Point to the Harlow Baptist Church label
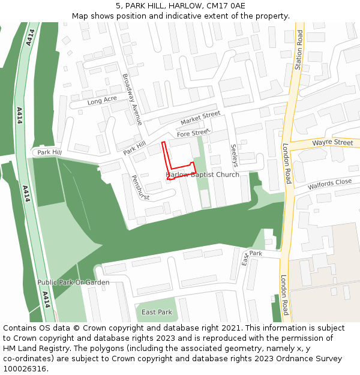pyautogui.click(x=202, y=175)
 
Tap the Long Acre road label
pyautogui.click(x=102, y=101)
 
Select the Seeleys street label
pyautogui.click(x=235, y=155)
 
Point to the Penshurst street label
pyautogui.click(x=139, y=187)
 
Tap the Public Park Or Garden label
pyautogui.click(x=73, y=282)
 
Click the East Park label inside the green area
pyautogui.click(x=157, y=312)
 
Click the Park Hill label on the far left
pyautogui.click(x=49, y=152)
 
